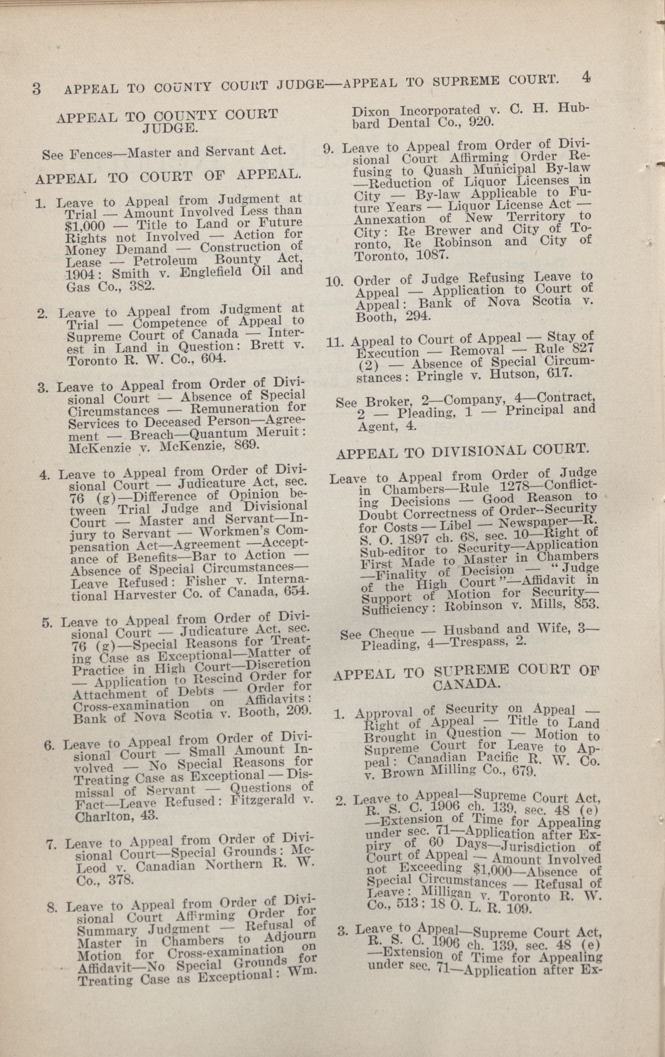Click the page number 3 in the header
pos(36,88)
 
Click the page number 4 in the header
pos(586,78)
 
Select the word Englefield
pos(206,272)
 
